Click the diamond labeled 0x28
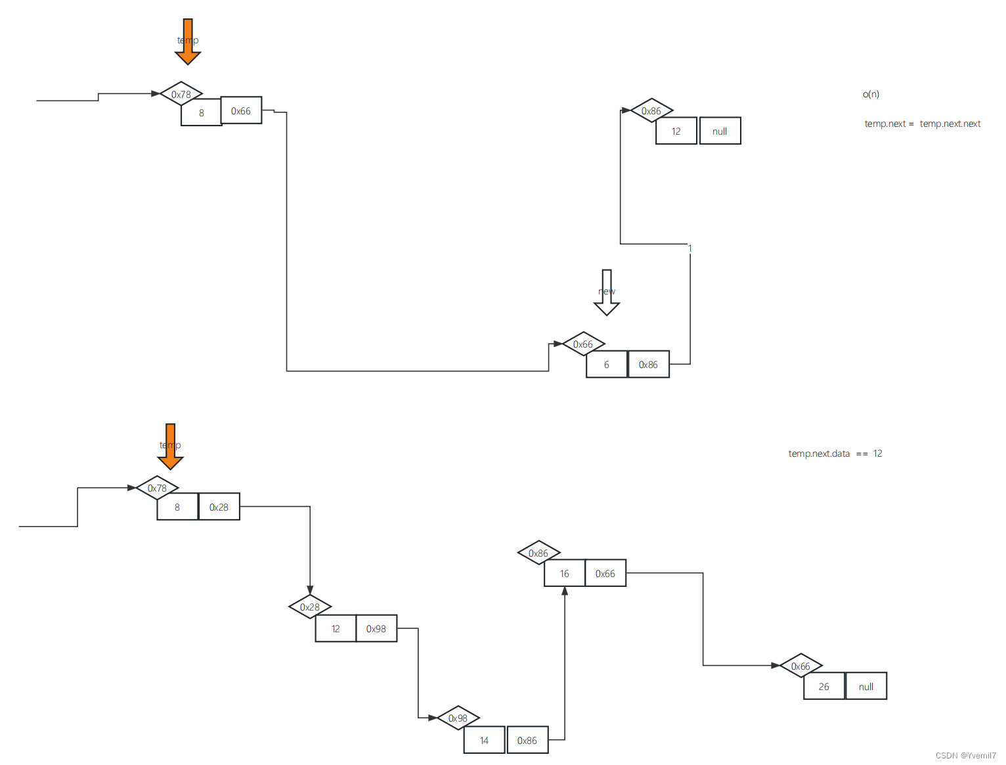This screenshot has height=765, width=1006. (x=310, y=607)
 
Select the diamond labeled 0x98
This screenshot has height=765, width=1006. (x=458, y=718)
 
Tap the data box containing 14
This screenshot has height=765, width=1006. (x=484, y=740)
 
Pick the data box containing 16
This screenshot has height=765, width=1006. (x=565, y=573)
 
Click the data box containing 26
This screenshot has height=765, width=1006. (x=824, y=686)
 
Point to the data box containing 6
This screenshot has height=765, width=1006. (x=607, y=364)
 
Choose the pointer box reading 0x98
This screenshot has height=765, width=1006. (x=376, y=628)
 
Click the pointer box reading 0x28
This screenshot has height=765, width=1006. (x=219, y=507)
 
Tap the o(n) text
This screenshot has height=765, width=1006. (x=871, y=94)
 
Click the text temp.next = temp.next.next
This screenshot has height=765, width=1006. (x=922, y=124)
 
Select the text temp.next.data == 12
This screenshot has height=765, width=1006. (x=835, y=453)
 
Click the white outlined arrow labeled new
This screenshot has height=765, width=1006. (x=607, y=292)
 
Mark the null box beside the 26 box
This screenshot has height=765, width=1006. (x=866, y=686)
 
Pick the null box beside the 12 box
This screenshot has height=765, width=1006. (x=720, y=131)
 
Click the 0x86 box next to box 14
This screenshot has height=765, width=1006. (x=527, y=740)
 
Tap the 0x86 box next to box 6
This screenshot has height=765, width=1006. (x=648, y=364)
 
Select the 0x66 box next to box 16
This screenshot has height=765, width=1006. (x=605, y=573)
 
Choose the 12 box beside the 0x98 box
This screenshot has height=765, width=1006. (x=336, y=628)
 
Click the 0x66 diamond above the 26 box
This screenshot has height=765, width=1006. (x=801, y=666)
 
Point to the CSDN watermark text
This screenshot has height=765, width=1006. (x=965, y=756)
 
